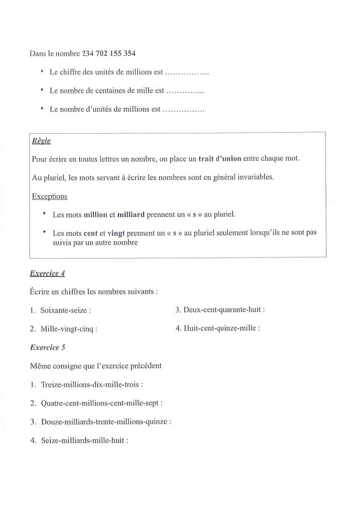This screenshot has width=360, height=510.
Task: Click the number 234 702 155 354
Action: (109, 53)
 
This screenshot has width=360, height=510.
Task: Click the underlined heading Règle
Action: (41, 141)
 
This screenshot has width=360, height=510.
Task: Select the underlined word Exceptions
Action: (49, 196)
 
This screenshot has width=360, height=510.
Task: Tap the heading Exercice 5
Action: (47, 347)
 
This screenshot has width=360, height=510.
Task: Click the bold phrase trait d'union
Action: (220, 158)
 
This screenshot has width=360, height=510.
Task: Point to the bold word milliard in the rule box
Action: (130, 215)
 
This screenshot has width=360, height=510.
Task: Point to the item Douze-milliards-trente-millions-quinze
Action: (105, 421)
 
